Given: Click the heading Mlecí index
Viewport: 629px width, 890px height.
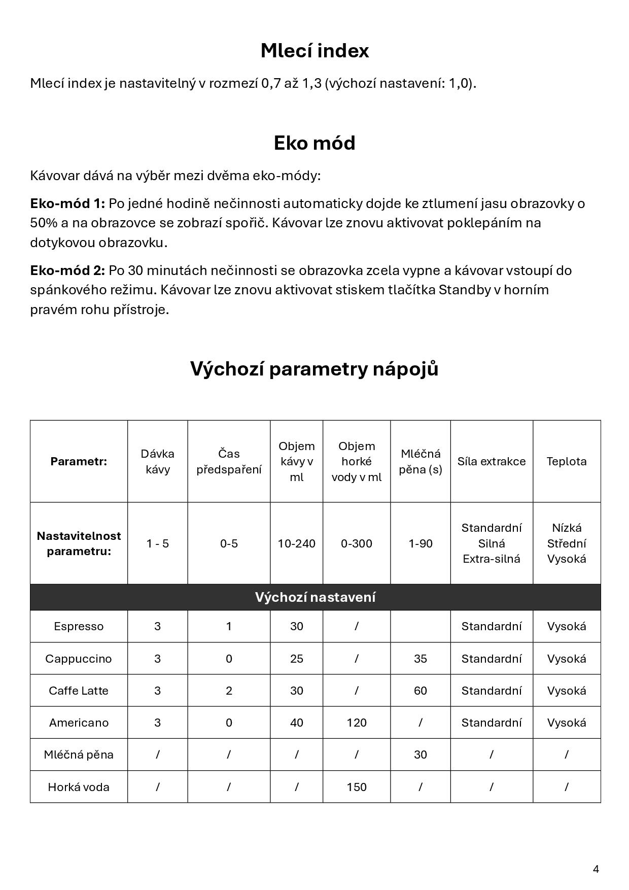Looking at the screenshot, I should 314,51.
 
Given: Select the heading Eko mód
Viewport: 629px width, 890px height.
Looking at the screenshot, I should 314,143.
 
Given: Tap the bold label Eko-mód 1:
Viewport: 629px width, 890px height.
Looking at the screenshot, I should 67,203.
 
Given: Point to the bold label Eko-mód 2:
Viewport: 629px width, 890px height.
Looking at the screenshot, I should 67,270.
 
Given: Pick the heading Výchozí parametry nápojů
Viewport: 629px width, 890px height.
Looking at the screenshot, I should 314,369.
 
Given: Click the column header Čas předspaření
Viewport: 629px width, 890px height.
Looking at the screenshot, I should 229,461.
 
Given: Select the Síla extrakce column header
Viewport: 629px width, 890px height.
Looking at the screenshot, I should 491,461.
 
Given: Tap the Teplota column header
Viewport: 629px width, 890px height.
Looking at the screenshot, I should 566,461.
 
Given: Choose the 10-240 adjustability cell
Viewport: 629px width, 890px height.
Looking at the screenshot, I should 296,543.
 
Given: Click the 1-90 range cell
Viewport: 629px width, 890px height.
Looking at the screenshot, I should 420,543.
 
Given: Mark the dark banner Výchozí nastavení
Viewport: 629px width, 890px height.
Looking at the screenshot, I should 315,597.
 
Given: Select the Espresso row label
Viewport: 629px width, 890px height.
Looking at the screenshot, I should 79,626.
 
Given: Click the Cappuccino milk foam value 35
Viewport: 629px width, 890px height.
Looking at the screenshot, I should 420,659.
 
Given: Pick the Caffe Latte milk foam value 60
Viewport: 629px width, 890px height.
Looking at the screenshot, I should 420,691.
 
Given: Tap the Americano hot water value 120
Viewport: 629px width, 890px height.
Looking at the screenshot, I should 356,723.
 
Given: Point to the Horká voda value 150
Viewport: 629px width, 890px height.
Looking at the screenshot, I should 356,787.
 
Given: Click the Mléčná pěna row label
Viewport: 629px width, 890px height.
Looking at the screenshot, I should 79,755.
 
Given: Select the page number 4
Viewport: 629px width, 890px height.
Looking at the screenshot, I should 596,869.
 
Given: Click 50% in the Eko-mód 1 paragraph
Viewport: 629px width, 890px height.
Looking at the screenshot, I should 41,223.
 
